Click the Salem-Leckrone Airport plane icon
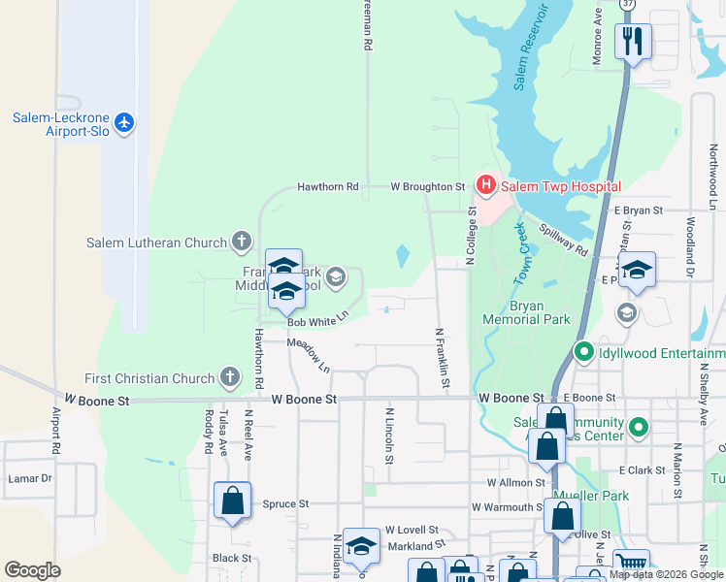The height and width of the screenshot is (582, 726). pyautogui.click(x=123, y=122)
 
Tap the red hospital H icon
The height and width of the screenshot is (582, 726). pyautogui.click(x=484, y=184)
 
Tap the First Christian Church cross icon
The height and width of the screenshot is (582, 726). pyautogui.click(x=230, y=377)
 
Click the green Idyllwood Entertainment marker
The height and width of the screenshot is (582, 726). pyautogui.click(x=583, y=353)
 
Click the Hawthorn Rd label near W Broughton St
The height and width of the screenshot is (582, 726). pyautogui.click(x=328, y=186)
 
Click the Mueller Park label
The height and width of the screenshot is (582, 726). pyautogui.click(x=590, y=496)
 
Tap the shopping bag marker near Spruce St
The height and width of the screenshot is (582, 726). pyautogui.click(x=232, y=501)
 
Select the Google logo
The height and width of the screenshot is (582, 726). pyautogui.click(x=33, y=570)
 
